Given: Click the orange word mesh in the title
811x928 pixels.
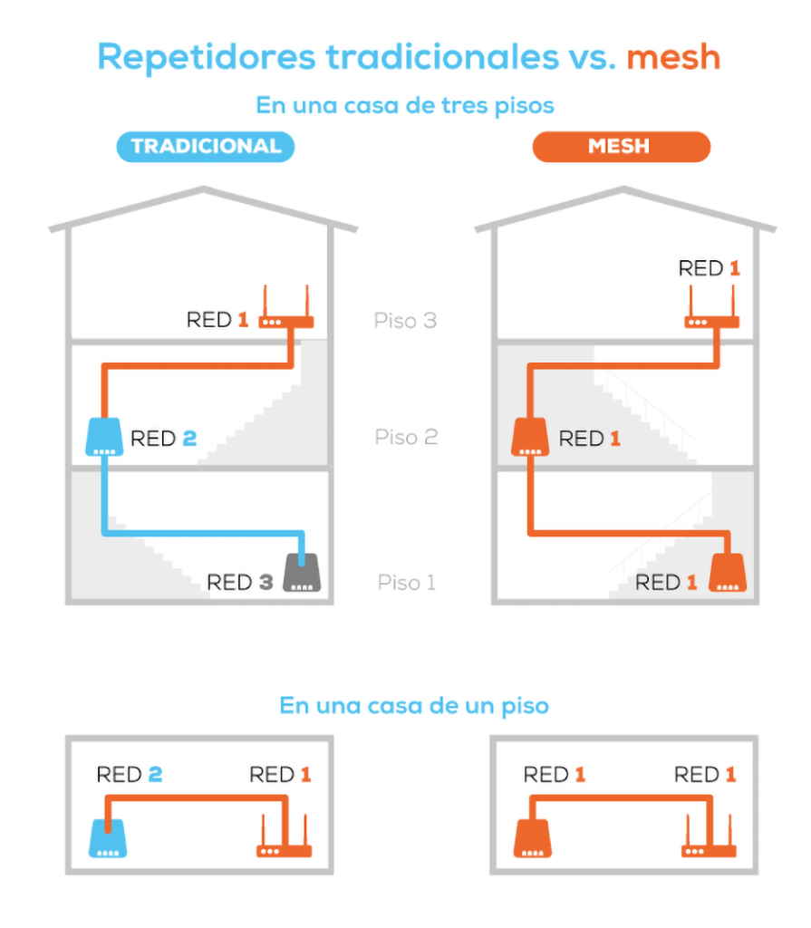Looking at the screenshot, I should pyautogui.click(x=672, y=57).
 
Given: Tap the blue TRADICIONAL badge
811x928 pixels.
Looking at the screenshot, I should pyautogui.click(x=206, y=147).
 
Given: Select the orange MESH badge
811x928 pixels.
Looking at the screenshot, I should pyautogui.click(x=620, y=147).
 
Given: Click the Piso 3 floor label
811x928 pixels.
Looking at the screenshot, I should pyautogui.click(x=405, y=321).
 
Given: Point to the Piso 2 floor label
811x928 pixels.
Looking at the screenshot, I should pyautogui.click(x=406, y=438).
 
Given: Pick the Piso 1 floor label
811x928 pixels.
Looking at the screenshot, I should pyautogui.click(x=406, y=582).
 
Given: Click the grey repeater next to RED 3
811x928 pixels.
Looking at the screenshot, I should pyautogui.click(x=303, y=575).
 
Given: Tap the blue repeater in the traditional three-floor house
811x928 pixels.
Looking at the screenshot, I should pyautogui.click(x=104, y=437).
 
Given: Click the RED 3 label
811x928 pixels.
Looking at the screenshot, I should pyautogui.click(x=239, y=582).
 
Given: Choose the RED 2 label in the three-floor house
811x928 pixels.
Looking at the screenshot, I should pyautogui.click(x=163, y=440).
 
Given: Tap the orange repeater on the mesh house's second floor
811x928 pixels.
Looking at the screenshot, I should pyautogui.click(x=530, y=437).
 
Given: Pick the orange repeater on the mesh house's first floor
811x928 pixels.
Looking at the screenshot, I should pyautogui.click(x=728, y=575).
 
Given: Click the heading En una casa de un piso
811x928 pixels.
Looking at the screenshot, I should pyautogui.click(x=413, y=705).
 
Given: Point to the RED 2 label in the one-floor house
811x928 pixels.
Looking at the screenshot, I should pyautogui.click(x=130, y=775).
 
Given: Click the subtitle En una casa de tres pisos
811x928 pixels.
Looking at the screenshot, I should pyautogui.click(x=405, y=105).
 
